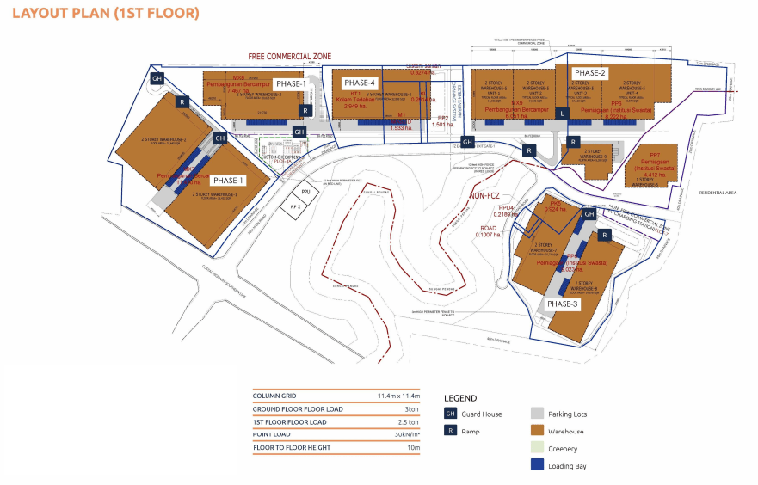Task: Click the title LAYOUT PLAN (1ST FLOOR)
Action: coord(107,13)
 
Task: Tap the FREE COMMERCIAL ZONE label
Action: coord(290,56)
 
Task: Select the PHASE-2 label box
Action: coord(591,73)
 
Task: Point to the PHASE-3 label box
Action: coord(564,304)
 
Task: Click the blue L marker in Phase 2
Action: coord(562,114)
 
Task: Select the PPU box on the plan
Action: coord(305,191)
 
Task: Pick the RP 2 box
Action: coord(294,207)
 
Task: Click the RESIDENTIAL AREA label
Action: coord(720,193)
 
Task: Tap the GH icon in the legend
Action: coord(449,414)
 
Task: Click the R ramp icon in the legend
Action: coord(449,431)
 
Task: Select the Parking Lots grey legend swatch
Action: coord(538,414)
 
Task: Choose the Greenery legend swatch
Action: coord(538,448)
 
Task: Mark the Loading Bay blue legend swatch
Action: coord(538,466)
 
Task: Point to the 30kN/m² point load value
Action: coord(404,434)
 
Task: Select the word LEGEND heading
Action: coord(459,398)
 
